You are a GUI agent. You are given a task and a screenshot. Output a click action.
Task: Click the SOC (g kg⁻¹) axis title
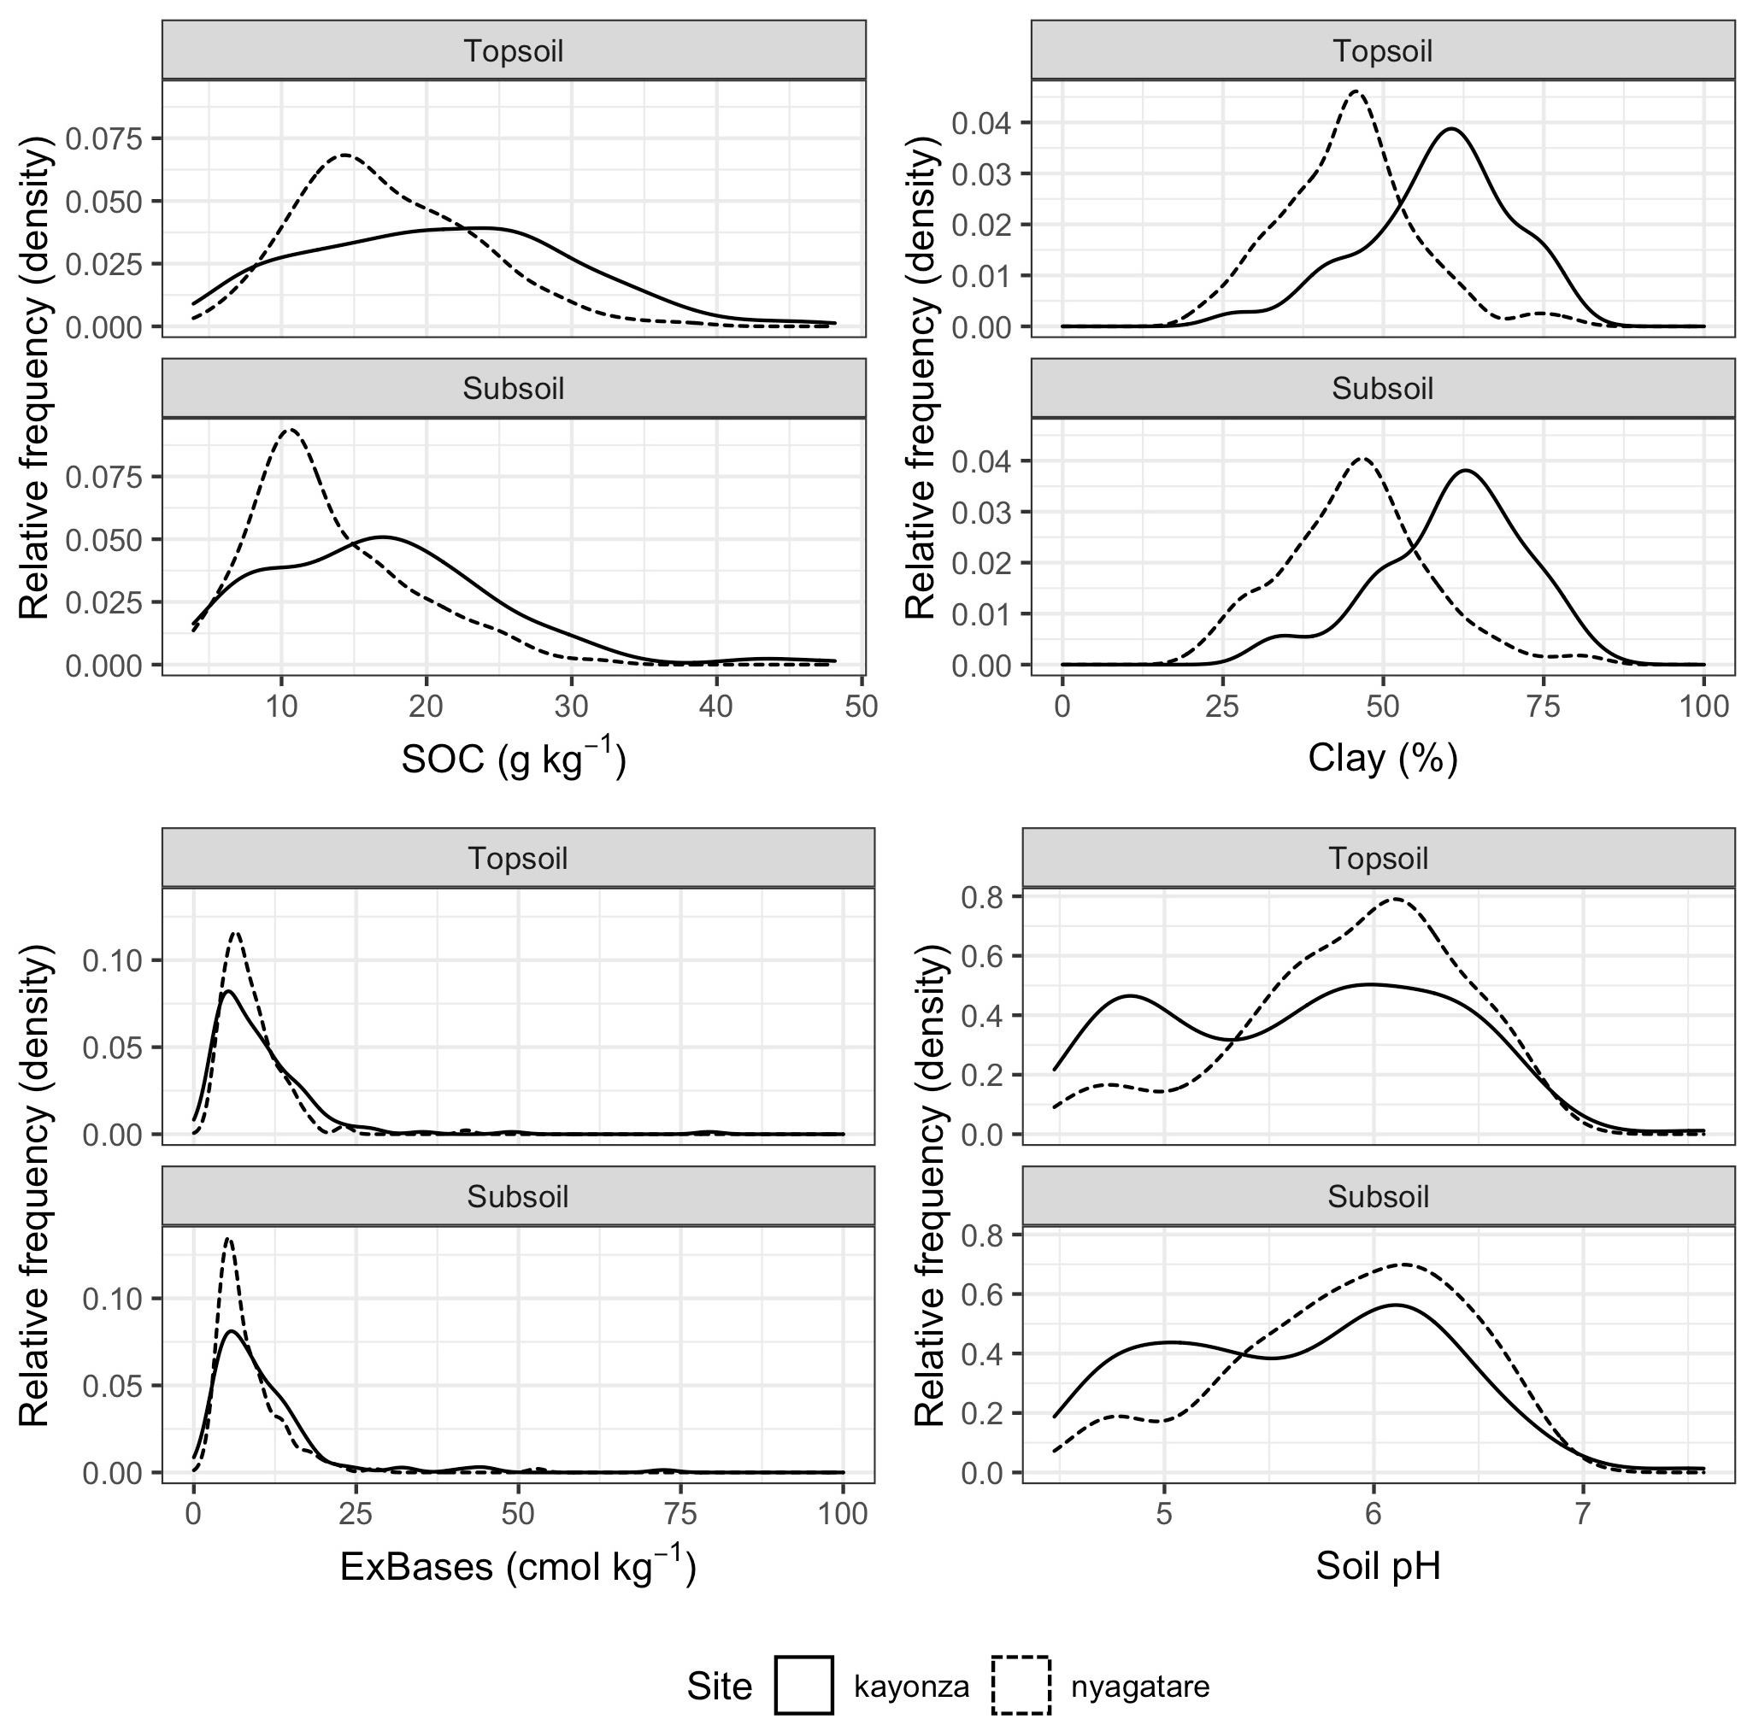pos(514,760)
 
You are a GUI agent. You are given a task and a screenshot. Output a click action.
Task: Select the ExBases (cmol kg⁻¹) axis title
pos(517,1567)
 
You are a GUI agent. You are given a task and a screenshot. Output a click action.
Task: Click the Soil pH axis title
pos(1378,1566)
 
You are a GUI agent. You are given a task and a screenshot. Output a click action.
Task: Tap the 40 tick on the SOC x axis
pos(716,707)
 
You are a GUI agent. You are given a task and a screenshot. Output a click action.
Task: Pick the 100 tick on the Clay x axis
pos(1703,707)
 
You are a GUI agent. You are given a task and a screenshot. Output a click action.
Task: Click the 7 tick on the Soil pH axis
pos(1582,1514)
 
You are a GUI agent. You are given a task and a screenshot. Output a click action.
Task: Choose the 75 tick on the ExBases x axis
pos(680,1514)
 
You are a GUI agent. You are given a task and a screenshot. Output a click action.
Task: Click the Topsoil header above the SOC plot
pos(514,50)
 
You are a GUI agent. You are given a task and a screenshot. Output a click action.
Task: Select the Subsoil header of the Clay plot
pos(1382,388)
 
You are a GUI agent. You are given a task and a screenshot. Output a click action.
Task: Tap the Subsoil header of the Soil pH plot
pos(1378,1197)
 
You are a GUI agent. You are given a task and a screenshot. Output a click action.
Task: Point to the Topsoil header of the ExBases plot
pos(517,859)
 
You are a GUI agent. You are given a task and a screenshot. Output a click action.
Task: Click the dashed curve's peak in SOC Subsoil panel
pos(290,430)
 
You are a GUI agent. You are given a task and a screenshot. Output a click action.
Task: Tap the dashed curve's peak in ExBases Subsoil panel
pos(227,1238)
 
